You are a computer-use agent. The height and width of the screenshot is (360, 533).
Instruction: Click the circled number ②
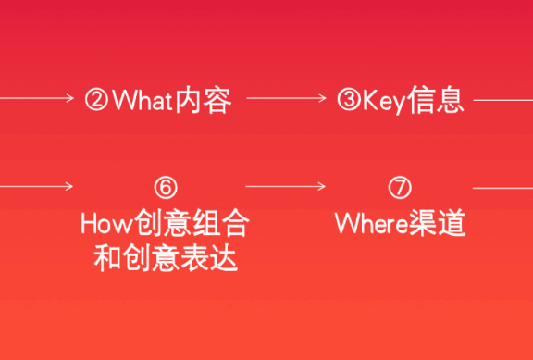[x=97, y=100]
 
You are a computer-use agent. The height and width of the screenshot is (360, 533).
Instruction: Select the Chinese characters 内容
[x=200, y=100]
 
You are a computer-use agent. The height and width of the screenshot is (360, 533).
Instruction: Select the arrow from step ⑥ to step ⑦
[x=286, y=187]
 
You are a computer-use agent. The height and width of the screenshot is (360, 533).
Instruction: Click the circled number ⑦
[x=400, y=187]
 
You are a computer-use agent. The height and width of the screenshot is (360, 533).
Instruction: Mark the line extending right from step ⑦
[x=502, y=187]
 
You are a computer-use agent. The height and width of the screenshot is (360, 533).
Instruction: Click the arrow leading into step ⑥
[x=37, y=187]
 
